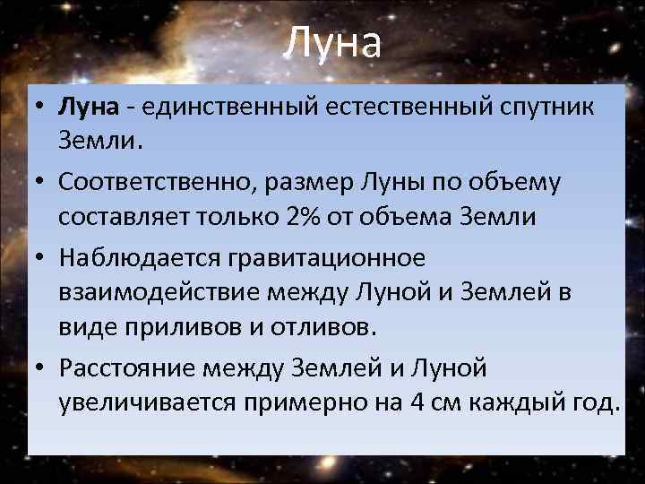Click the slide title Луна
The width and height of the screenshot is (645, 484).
[332, 43]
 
